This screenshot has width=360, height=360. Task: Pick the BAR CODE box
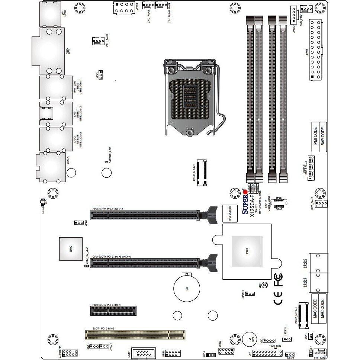tap(323, 137)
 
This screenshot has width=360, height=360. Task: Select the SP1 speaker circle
tap(248, 339)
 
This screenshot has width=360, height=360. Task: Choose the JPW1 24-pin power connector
tap(315, 49)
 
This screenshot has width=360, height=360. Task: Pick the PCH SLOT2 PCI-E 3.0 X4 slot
tap(113, 311)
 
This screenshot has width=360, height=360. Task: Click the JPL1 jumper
tap(101, 75)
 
